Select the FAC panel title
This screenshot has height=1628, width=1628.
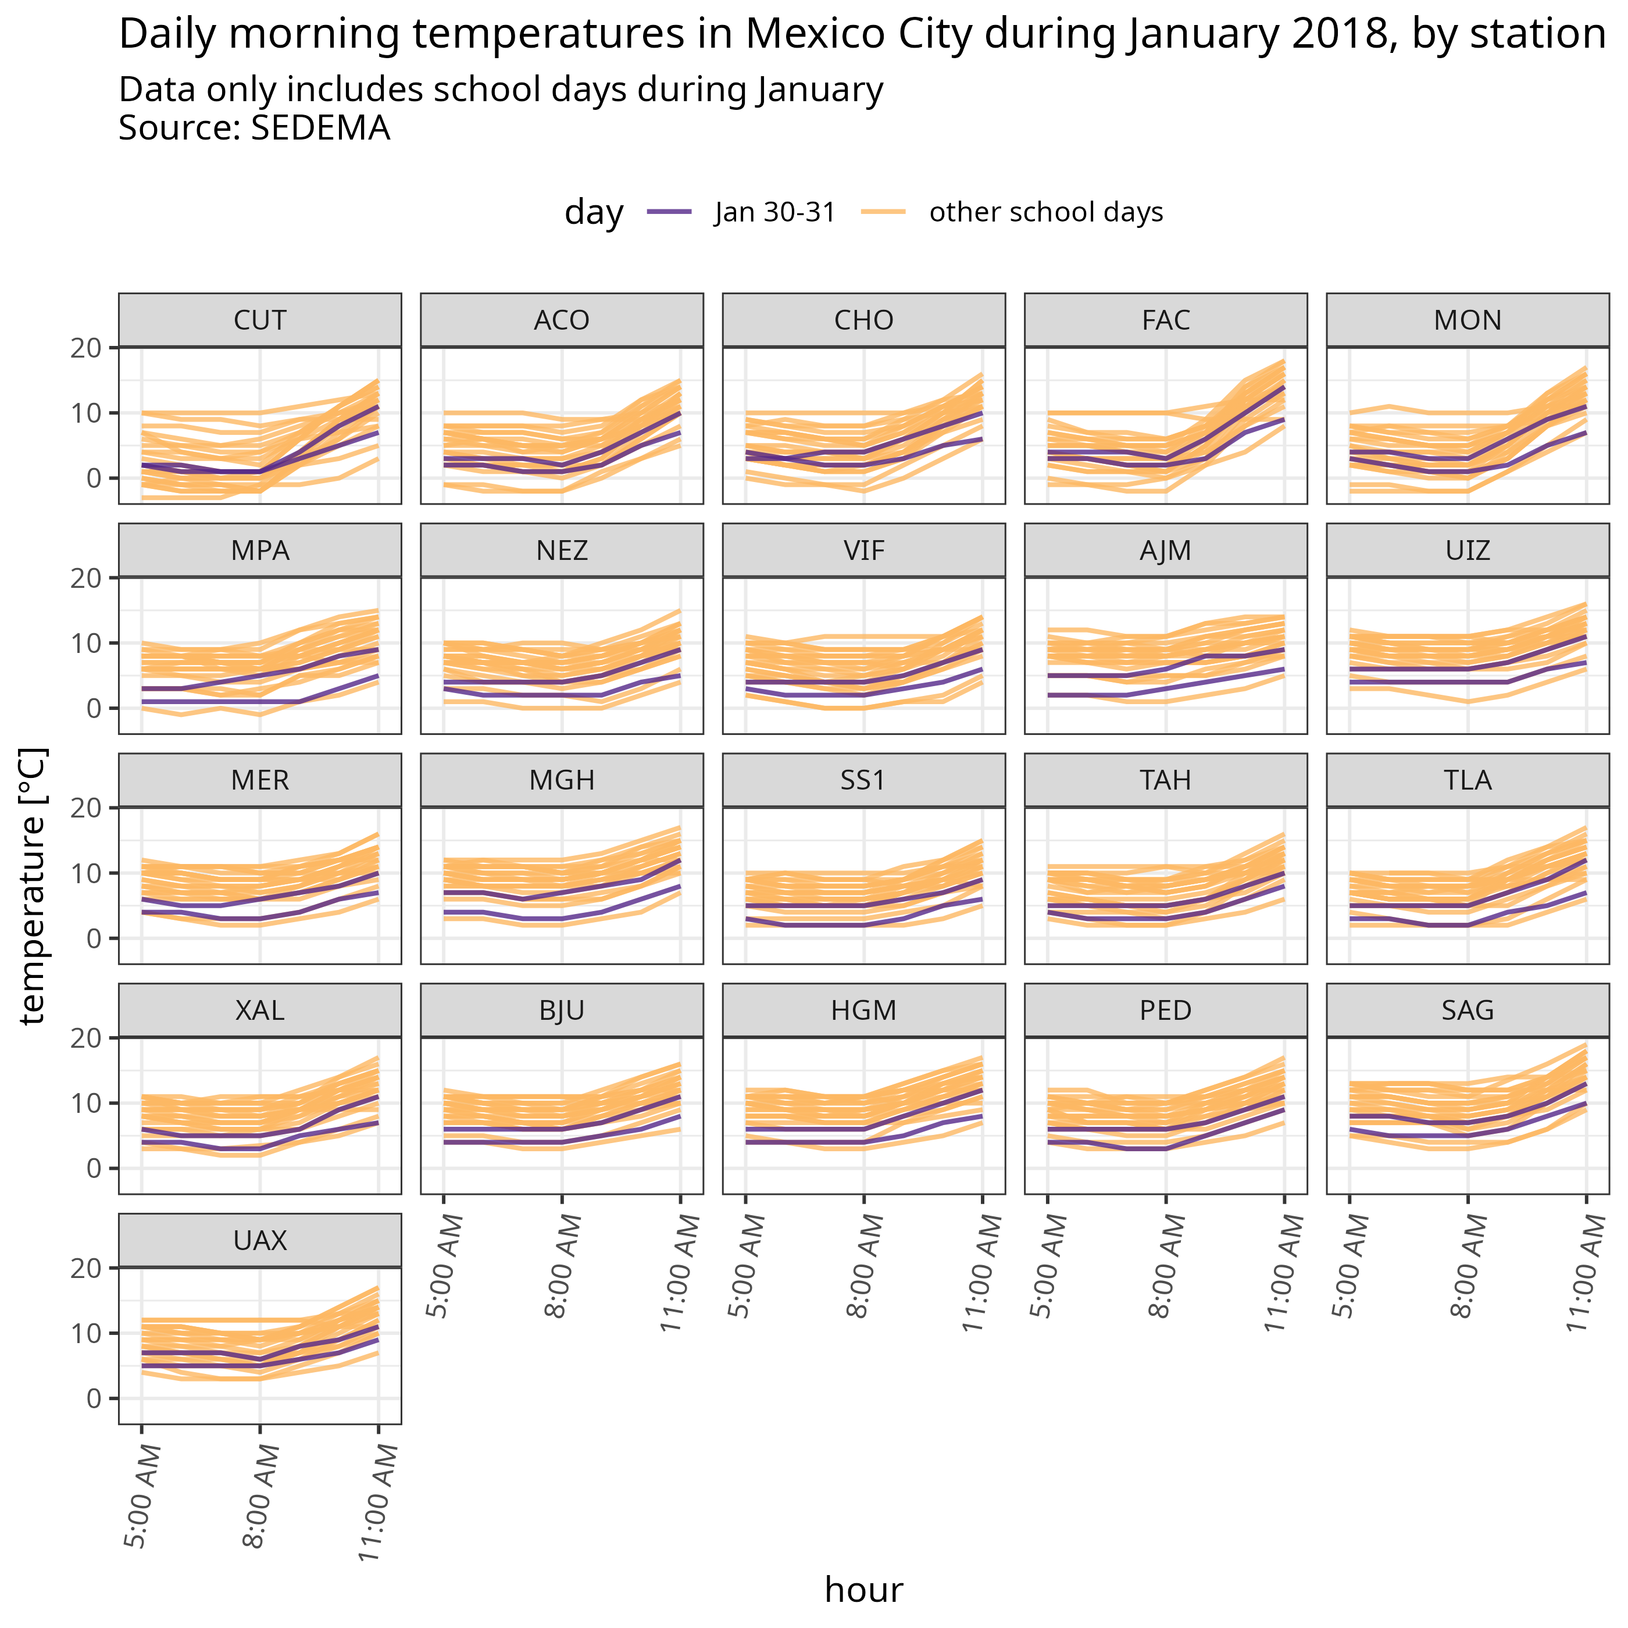pyautogui.click(x=1165, y=320)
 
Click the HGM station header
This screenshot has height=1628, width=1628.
pyautogui.click(x=864, y=1011)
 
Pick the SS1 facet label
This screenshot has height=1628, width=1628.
pyautogui.click(x=864, y=780)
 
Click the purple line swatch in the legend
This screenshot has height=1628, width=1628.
pyautogui.click(x=669, y=212)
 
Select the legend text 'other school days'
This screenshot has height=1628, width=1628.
pyautogui.click(x=1046, y=212)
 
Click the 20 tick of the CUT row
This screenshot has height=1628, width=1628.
pyautogui.click(x=85, y=348)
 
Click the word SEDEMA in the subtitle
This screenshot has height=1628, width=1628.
pyautogui.click(x=320, y=128)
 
